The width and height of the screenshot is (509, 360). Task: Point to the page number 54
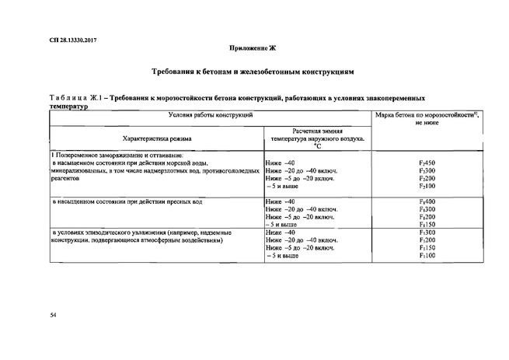pos(53,314)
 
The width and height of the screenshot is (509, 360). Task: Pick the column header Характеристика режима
pos(156,138)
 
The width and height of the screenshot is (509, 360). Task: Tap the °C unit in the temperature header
pos(316,145)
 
